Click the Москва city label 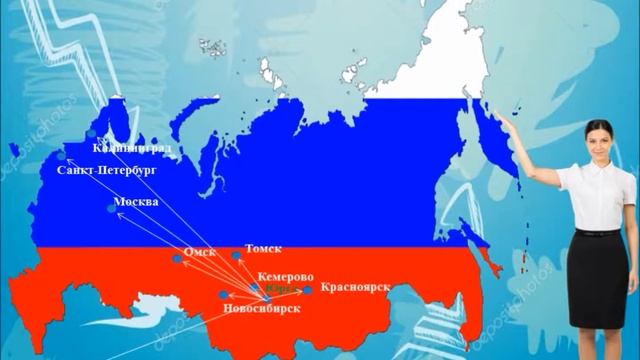tap(137, 202)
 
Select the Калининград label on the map tap(132, 147)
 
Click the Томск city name tap(263, 249)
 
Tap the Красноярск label tap(353, 287)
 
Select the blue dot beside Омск tap(178, 259)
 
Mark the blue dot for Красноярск tap(307, 290)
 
